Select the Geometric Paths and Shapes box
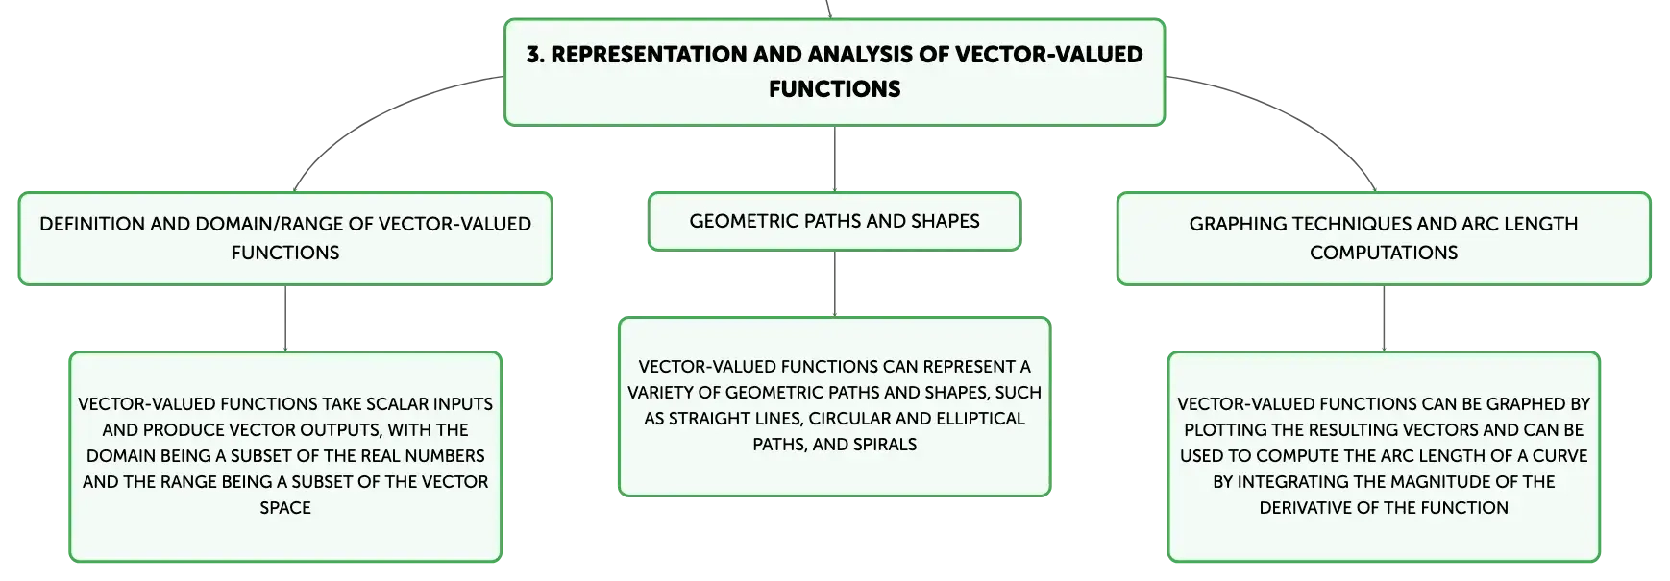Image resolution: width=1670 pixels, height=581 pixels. [x=834, y=222]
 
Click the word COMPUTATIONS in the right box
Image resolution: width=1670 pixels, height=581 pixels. [x=1384, y=253]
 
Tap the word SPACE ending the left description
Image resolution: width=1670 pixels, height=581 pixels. [x=285, y=508]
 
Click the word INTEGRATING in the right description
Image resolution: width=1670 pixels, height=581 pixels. [x=1295, y=482]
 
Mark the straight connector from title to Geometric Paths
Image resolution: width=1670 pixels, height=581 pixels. [x=834, y=158]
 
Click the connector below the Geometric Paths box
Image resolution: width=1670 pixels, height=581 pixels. [x=834, y=283]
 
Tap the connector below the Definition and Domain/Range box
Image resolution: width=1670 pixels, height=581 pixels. [x=285, y=318]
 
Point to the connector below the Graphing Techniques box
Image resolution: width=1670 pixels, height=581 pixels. [x=1384, y=318]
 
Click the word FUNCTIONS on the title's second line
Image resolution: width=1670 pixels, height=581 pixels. [x=834, y=89]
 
